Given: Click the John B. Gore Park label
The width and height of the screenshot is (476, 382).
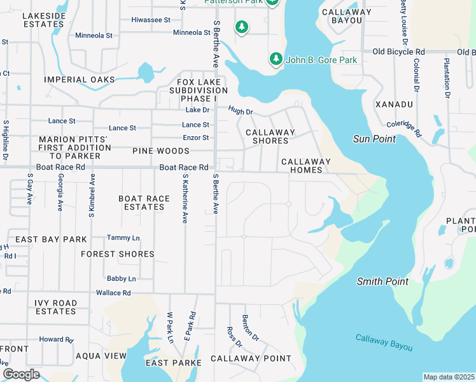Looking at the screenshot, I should pyautogui.click(x=321, y=60).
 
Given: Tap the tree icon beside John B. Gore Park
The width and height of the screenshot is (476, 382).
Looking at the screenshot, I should pyautogui.click(x=276, y=59).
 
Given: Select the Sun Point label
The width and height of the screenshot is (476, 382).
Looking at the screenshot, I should pyautogui.click(x=375, y=139).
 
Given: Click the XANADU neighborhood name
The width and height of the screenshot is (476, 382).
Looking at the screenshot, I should pyautogui.click(x=394, y=104).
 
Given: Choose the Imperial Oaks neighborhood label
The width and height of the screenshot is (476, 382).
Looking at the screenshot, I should pyautogui.click(x=80, y=80).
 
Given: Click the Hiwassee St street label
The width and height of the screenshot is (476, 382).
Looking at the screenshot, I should pyautogui.click(x=151, y=20).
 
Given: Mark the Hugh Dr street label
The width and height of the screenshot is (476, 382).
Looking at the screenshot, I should pyautogui.click(x=241, y=111).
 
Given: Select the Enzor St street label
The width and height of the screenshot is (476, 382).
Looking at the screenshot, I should pyautogui.click(x=195, y=138).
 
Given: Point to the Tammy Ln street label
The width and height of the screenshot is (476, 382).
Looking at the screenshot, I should pyautogui.click(x=123, y=237).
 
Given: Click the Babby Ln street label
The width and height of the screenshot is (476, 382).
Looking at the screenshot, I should pyautogui.click(x=121, y=279).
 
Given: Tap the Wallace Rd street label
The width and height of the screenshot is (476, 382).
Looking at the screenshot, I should pyautogui.click(x=113, y=293).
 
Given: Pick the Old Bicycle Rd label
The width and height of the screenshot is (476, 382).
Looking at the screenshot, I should pyautogui.click(x=398, y=52).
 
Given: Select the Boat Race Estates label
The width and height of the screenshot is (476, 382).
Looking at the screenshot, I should pyautogui.click(x=144, y=202).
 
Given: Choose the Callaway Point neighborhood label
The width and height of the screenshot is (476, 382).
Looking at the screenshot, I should pyautogui.click(x=251, y=358).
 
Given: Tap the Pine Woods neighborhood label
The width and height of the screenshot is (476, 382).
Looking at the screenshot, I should pyautogui.click(x=161, y=151).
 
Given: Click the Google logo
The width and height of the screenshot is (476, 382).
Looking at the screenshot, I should pyautogui.click(x=21, y=374).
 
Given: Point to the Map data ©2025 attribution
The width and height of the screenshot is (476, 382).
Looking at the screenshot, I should pyautogui.click(x=449, y=377).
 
